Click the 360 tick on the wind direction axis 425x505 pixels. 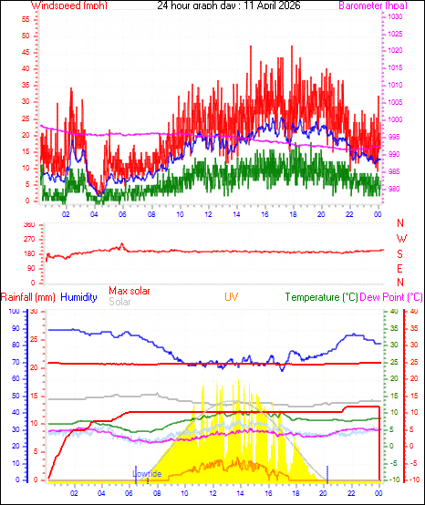coord(27,224)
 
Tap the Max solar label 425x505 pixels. coord(130,291)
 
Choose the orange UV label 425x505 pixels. coord(233,296)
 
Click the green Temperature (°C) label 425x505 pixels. coord(333,296)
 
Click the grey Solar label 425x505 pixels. coord(119,302)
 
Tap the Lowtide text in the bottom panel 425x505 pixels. coord(147,474)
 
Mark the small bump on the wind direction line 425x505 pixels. coord(120,245)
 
